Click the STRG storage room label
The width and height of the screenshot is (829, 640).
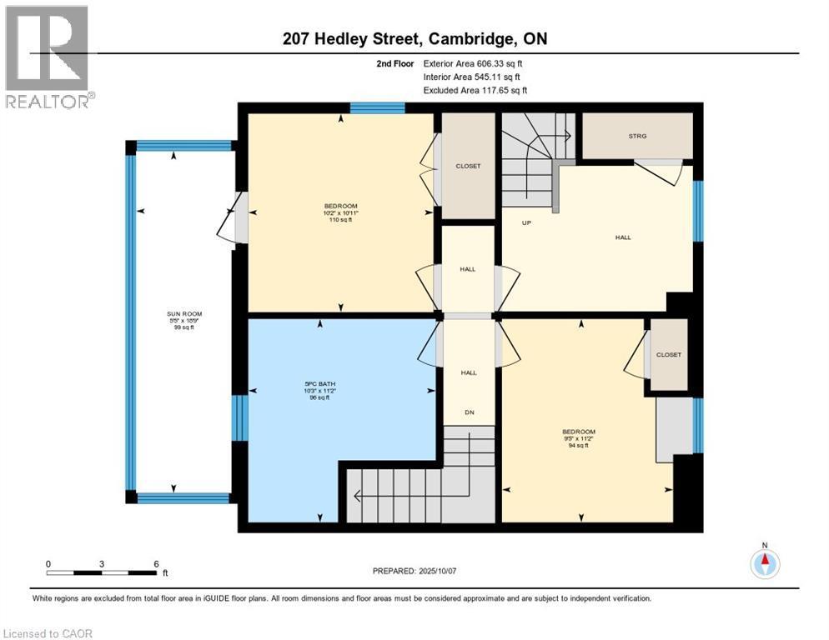[637, 135]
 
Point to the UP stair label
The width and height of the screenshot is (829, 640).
[527, 222]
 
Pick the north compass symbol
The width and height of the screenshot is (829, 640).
[764, 562]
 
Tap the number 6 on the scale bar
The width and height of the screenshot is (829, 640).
[156, 563]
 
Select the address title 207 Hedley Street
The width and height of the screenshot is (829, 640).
[414, 38]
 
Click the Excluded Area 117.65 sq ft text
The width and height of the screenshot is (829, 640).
[475, 90]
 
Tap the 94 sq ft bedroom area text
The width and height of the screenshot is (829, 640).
[579, 445]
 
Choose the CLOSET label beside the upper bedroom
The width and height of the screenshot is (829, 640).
[468, 166]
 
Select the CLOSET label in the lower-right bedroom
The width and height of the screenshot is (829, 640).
[668, 354]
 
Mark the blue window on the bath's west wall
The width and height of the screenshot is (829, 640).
[239, 417]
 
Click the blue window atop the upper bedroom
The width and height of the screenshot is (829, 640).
[377, 107]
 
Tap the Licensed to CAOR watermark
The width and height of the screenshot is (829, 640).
[47, 633]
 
